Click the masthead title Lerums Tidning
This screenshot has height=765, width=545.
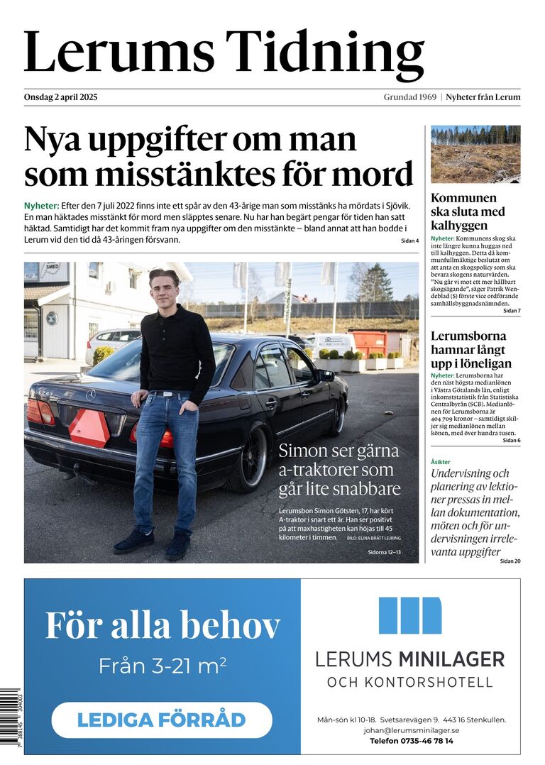pyautogui.click(x=224, y=53)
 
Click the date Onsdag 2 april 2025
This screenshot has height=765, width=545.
pyautogui.click(x=60, y=97)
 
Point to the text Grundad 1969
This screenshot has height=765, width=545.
pyautogui.click(x=409, y=97)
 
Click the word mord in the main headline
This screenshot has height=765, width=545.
pyautogui.click(x=381, y=174)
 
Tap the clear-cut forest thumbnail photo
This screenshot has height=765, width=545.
pyautogui.click(x=475, y=154)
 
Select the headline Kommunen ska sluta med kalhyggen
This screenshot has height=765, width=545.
pyautogui.click(x=468, y=211)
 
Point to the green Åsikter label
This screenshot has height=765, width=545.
pyautogui.click(x=441, y=462)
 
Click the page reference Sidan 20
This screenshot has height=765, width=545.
pyautogui.click(x=510, y=561)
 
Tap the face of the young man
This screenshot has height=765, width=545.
pyautogui.click(x=165, y=289)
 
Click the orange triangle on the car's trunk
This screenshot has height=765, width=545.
pyautogui.click(x=89, y=429)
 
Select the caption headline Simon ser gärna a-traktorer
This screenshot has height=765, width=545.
pyautogui.click(x=339, y=469)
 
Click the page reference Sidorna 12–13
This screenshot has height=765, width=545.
pyautogui.click(x=384, y=551)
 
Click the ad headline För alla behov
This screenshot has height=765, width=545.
pyautogui.click(x=163, y=625)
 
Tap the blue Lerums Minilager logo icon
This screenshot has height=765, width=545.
pyautogui.click(x=409, y=615)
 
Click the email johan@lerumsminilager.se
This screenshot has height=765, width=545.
pyautogui.click(x=412, y=730)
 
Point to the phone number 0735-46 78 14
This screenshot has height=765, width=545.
pyautogui.click(x=431, y=740)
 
